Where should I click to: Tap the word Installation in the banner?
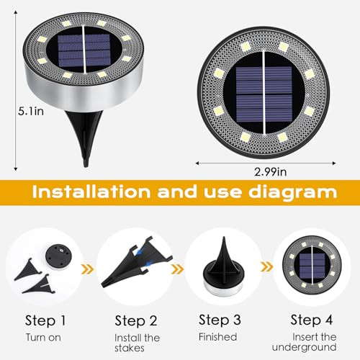(94, 193)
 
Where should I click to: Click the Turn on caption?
(44, 336)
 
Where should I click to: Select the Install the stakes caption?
(137, 342)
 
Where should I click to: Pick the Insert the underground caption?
(314, 342)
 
